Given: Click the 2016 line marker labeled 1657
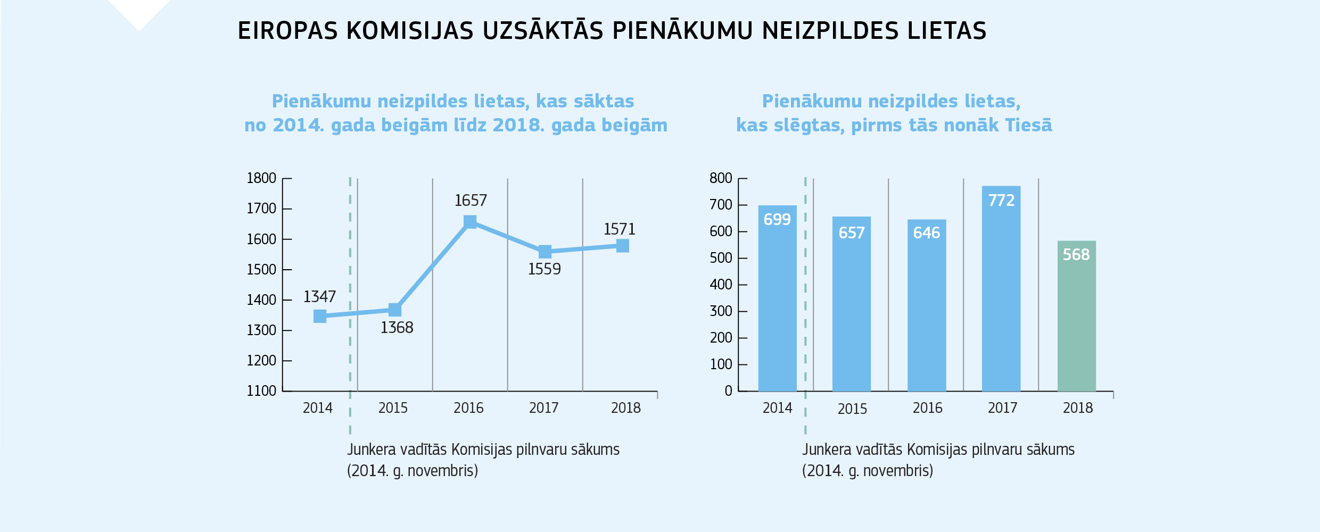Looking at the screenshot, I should (470, 222).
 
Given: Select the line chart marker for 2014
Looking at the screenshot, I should (320, 317).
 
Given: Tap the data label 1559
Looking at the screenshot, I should (544, 269).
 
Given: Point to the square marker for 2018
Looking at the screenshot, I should (623, 246).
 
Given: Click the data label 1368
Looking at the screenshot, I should (397, 328).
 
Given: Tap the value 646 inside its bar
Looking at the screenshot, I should (926, 233).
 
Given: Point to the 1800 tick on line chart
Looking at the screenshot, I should (261, 178).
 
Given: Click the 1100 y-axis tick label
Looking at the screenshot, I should (261, 391).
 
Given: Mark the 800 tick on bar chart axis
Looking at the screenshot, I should (721, 178).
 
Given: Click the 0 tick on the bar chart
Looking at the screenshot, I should (728, 391).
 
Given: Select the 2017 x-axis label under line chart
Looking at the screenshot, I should (543, 408).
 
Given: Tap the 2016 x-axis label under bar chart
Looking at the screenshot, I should (927, 408).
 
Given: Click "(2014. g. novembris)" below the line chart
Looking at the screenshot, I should (412, 471).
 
